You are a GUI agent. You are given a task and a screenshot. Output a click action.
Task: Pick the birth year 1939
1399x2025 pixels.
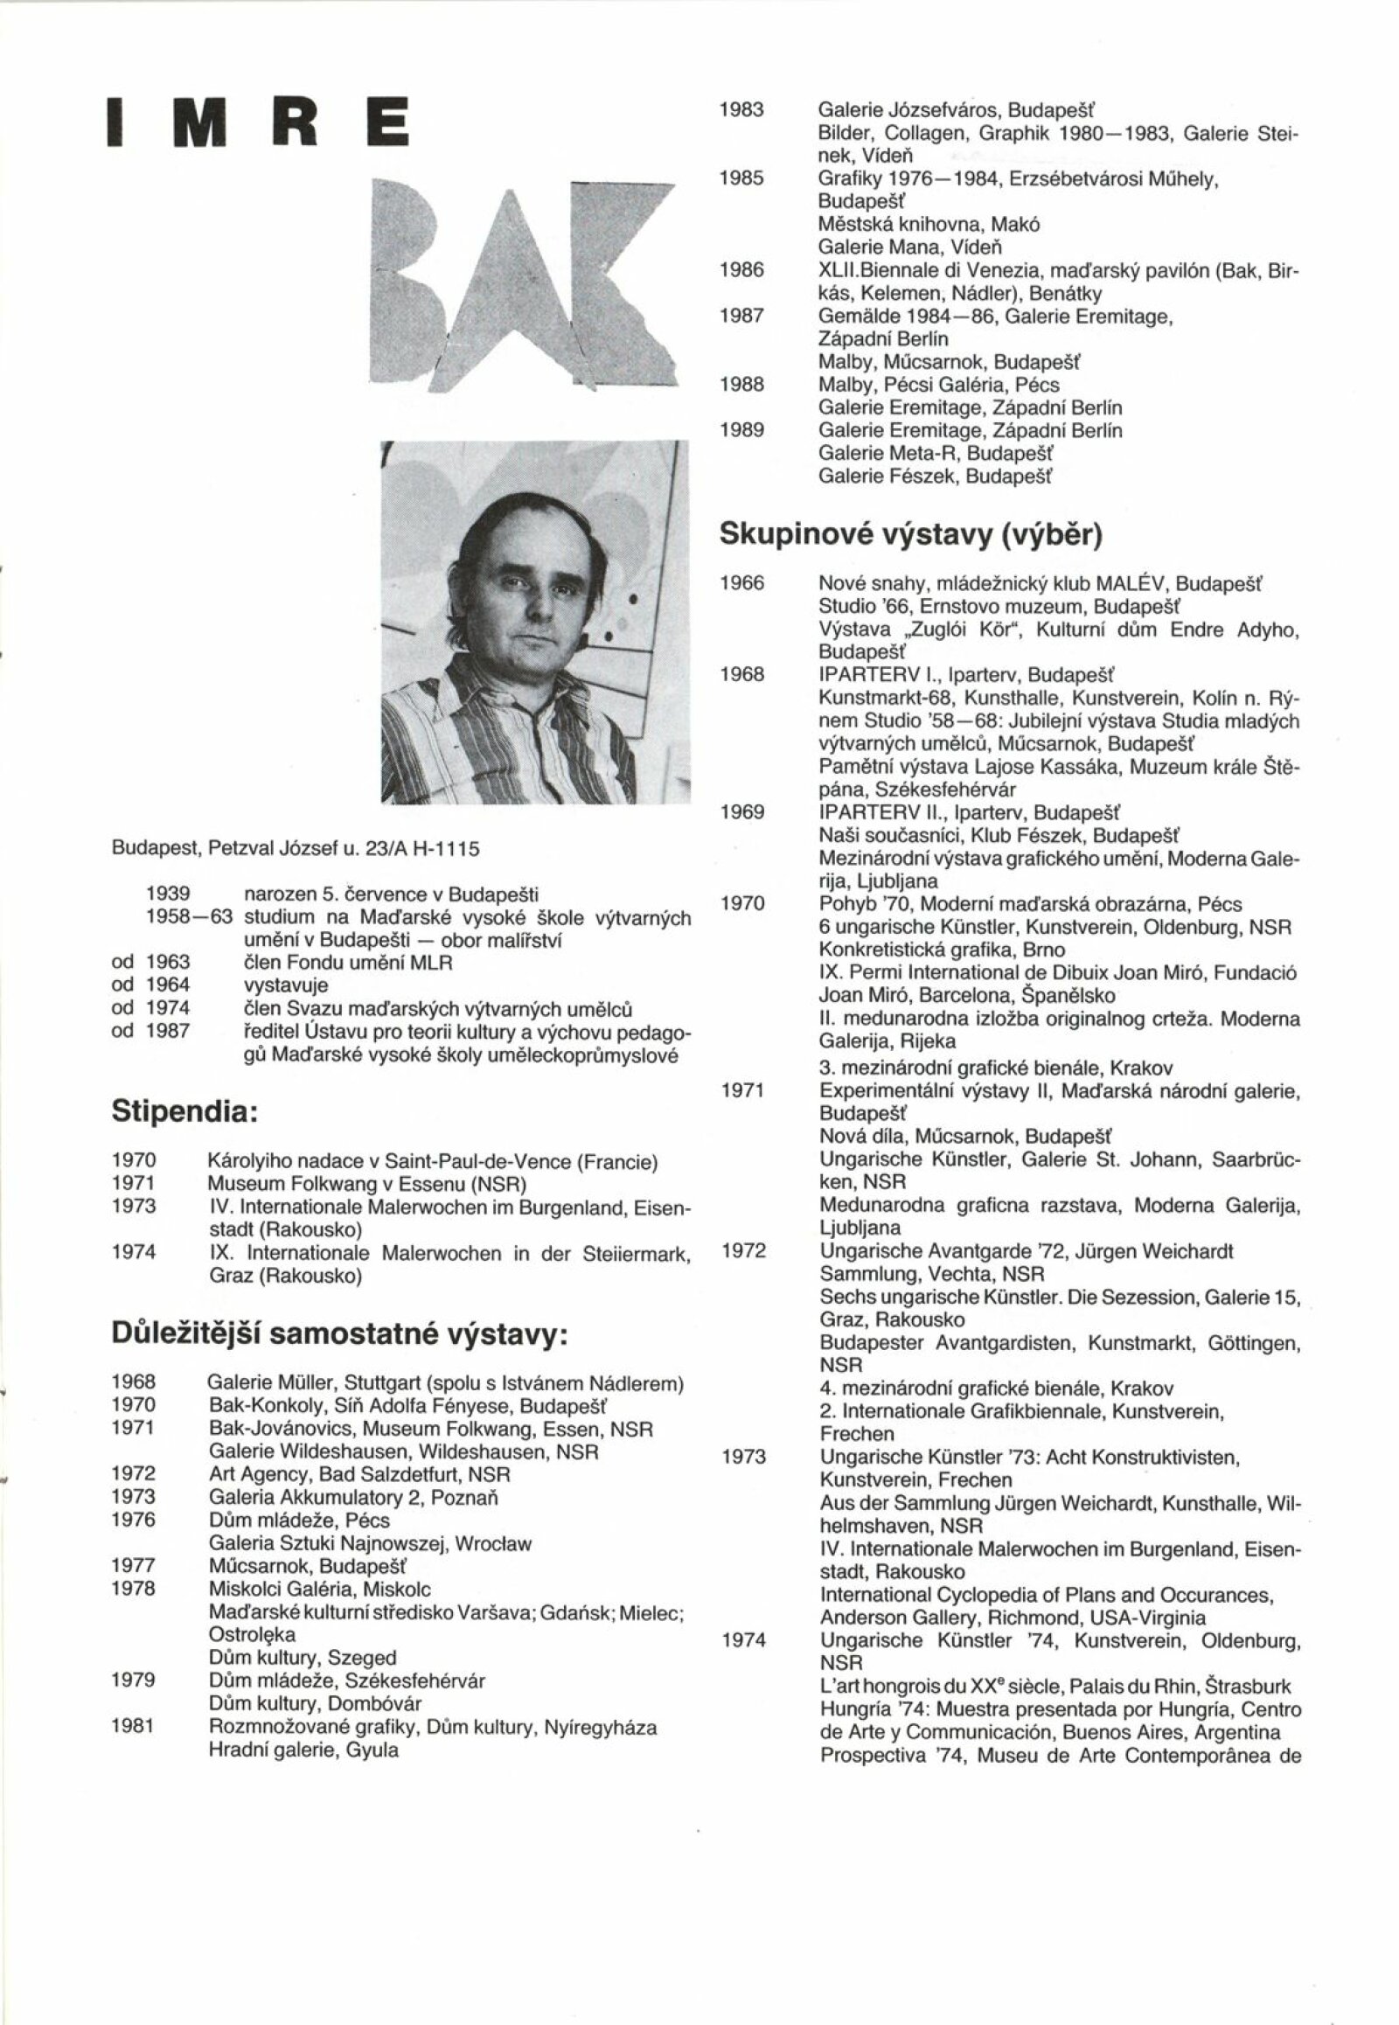tap(168, 894)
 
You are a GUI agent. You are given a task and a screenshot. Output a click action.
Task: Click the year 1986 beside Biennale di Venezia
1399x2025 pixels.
tap(741, 270)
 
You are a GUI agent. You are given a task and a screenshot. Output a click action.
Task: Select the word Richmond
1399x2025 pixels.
tap(1013, 1618)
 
